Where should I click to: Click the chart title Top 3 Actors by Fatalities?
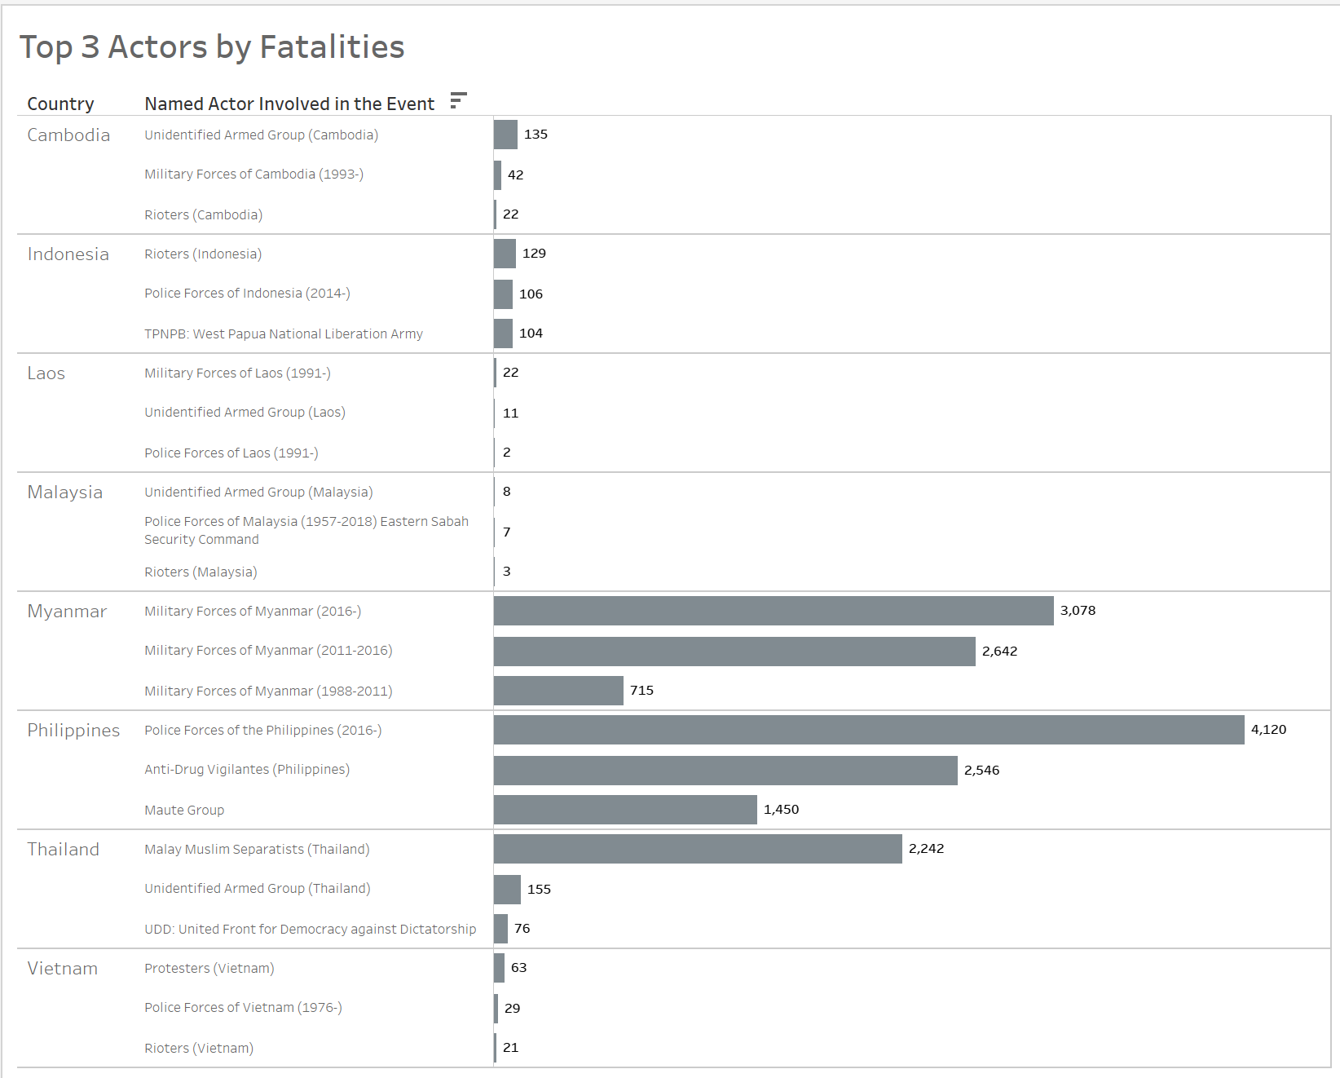pos(212,47)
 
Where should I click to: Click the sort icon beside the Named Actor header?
pos(458,100)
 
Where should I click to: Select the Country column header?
pos(60,104)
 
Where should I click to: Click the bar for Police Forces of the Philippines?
pos(868,730)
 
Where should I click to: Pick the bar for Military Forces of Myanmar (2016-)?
pos(773,611)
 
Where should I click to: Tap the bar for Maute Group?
pos(625,810)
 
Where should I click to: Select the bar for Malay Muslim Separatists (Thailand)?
pos(698,849)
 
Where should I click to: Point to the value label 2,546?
pos(981,771)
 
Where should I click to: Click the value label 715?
pos(641,691)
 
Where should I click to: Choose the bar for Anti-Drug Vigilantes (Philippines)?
pos(725,771)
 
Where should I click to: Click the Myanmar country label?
pos(67,612)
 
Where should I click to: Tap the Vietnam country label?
pos(63,969)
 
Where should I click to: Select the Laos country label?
pos(46,373)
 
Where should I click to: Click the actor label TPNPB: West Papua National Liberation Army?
pos(284,334)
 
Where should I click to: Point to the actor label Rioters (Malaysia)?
pos(201,572)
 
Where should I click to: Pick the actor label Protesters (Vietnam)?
pos(209,968)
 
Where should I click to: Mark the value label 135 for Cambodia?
pos(536,135)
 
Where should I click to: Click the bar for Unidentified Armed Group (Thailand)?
pos(507,890)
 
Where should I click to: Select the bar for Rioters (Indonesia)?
pos(505,254)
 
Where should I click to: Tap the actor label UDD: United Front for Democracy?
pos(310,929)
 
